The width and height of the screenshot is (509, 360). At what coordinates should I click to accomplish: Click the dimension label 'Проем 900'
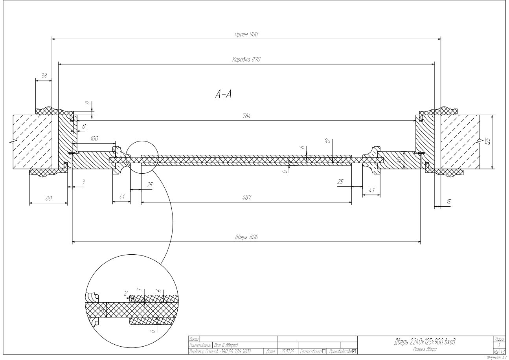click(x=246, y=35)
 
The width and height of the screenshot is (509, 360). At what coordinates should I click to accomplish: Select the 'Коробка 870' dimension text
click(x=246, y=60)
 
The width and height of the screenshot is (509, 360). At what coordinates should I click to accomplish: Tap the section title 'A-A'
click(x=223, y=94)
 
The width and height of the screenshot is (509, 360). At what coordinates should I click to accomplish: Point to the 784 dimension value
click(x=247, y=116)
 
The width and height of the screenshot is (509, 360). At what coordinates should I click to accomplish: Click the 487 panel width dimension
click(x=246, y=198)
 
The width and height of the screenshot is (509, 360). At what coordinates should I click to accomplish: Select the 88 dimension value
click(x=49, y=199)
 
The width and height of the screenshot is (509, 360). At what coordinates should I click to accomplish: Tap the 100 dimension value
click(x=94, y=139)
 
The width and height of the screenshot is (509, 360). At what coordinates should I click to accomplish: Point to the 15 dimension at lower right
click(x=448, y=202)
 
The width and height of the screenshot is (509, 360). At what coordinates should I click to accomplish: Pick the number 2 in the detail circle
click(x=126, y=294)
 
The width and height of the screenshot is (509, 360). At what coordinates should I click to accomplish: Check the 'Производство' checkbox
click(x=354, y=351)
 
